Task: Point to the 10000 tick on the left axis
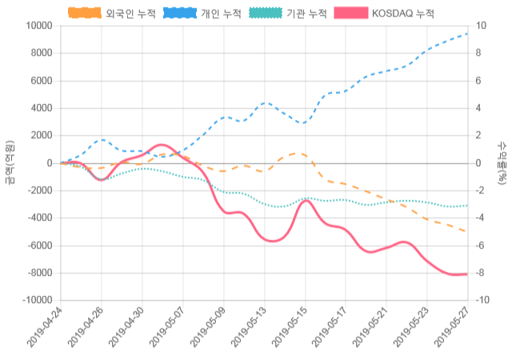tap(38, 26)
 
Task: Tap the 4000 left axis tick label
tap(41, 108)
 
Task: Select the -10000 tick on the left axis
tap(35, 300)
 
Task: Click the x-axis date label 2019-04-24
tap(44, 328)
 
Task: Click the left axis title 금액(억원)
tap(9, 162)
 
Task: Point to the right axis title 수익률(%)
tap(503, 162)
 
